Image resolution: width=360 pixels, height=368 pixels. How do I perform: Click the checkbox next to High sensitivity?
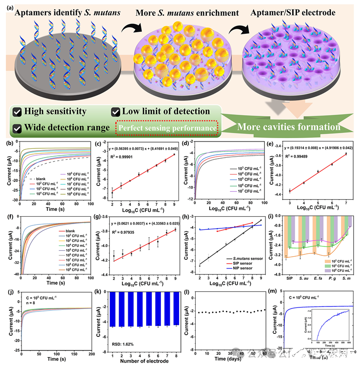point(17,111)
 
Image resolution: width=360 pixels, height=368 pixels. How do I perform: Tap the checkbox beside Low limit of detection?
point(116,111)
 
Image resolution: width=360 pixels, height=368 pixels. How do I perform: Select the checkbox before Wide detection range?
point(17,128)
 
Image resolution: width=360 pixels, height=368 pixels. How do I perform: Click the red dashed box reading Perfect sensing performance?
point(166,128)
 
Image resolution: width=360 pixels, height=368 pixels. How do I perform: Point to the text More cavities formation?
point(289,127)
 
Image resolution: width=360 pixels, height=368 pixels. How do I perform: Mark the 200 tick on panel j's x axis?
point(90,352)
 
